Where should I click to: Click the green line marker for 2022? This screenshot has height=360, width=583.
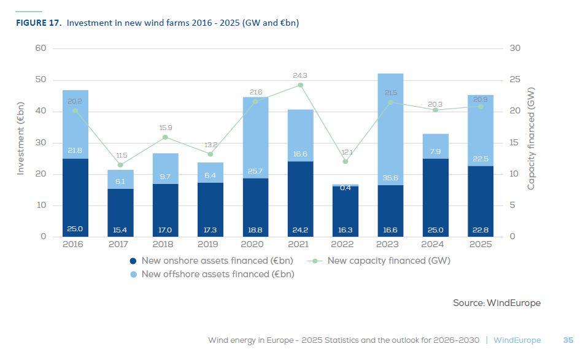(x=346, y=161)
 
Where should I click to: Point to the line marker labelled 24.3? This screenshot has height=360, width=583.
(x=301, y=85)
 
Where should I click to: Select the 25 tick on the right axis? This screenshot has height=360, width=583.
(x=515, y=80)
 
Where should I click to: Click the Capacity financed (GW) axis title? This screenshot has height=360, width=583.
(x=531, y=138)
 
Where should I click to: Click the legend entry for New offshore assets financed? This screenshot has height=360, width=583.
(x=212, y=274)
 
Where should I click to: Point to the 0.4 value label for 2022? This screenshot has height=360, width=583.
(x=346, y=188)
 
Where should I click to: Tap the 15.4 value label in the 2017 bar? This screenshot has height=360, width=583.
(x=120, y=230)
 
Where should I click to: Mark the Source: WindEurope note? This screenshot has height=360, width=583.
(x=496, y=302)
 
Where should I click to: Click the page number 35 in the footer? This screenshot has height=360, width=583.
(x=568, y=340)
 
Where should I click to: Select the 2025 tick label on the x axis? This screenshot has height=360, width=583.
(x=481, y=244)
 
